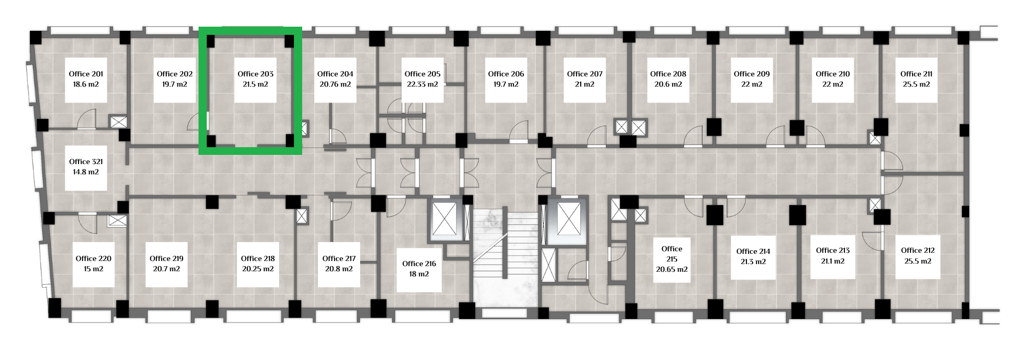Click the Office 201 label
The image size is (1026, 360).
pos(86,74)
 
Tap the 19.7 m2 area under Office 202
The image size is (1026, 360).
pos(174,84)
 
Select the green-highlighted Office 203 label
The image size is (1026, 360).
pos(255,74)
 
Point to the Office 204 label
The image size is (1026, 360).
pos(336,74)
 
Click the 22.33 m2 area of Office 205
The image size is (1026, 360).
pos(423,84)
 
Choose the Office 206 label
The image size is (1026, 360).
pos(506,74)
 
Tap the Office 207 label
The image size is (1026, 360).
pos(585,74)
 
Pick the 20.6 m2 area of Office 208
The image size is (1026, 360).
pos(668,84)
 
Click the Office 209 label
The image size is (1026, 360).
pos(752,74)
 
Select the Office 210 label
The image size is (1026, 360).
pos(833,74)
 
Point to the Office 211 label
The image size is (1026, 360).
pos(916,74)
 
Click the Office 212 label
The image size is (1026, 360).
pos(918,250)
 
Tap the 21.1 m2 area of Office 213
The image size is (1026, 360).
pos(833,261)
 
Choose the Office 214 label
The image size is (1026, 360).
pos(753,251)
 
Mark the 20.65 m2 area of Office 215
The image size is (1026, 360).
pos(672,269)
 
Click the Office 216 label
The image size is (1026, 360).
pos(419,264)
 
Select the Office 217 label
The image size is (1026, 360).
pos(339,258)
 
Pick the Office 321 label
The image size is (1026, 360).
pos(86,162)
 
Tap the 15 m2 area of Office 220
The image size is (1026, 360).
pos(93,269)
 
